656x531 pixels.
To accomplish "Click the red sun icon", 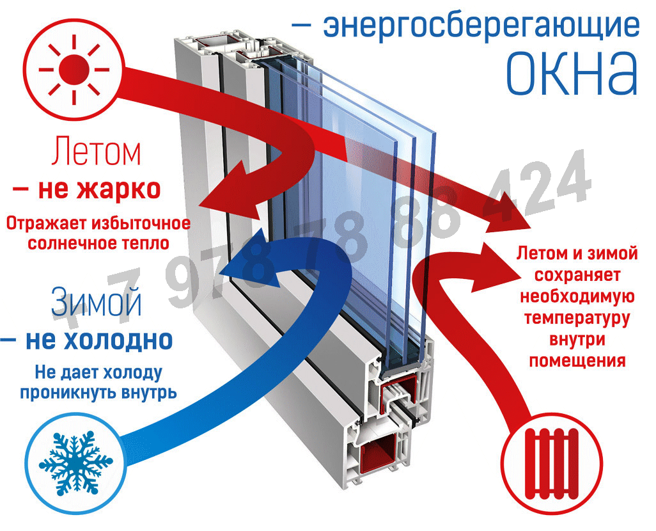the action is pos(74,70).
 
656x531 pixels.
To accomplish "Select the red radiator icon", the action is pos(551,464).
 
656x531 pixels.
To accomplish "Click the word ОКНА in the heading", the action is pos(572,74).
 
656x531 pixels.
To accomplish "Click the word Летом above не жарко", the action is pos(96,151).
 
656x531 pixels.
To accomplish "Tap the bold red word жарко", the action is pos(118,189).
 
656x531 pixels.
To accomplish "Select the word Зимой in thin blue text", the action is pos(96,302).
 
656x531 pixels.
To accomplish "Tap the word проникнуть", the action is pos(69,393).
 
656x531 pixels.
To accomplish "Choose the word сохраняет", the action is pos(577,275).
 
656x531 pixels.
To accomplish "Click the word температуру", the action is pos(577,318).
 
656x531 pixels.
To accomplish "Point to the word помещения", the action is pos(577,361).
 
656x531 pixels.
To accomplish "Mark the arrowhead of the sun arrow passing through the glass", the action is pos(508,214).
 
